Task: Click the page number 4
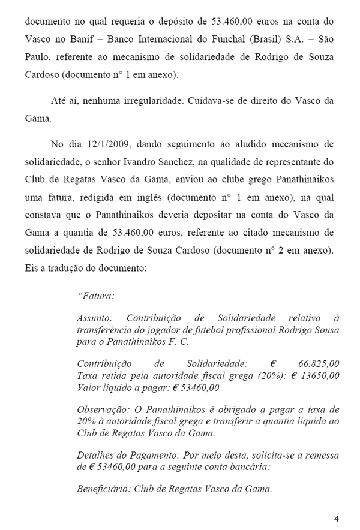pyautogui.click(x=337, y=519)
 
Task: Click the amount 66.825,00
pyautogui.click(x=318, y=363)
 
